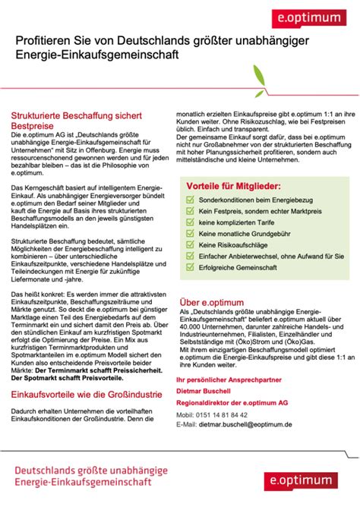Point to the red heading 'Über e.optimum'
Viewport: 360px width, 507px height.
pos(212,301)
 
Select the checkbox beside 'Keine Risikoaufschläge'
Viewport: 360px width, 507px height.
pos(191,246)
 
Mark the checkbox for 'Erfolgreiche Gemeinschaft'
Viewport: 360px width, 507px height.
pos(191,269)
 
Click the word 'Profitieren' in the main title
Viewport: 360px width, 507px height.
pos(43,43)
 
